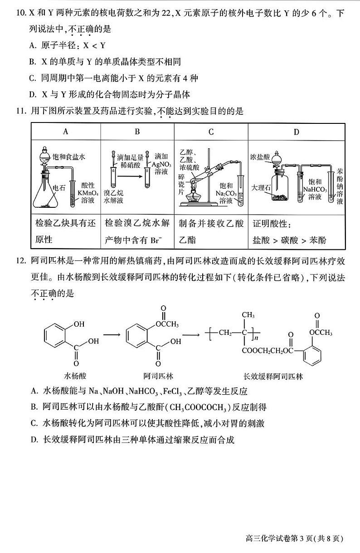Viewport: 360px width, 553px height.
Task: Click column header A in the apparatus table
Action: (66, 132)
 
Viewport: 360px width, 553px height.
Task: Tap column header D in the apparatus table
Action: (297, 132)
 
